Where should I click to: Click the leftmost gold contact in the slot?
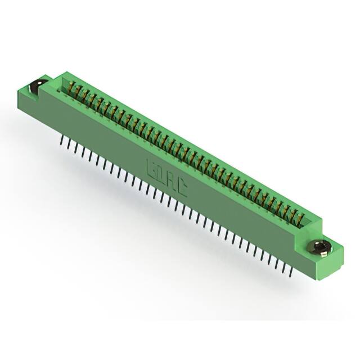[x=72, y=87]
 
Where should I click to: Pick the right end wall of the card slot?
[x=313, y=223]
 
